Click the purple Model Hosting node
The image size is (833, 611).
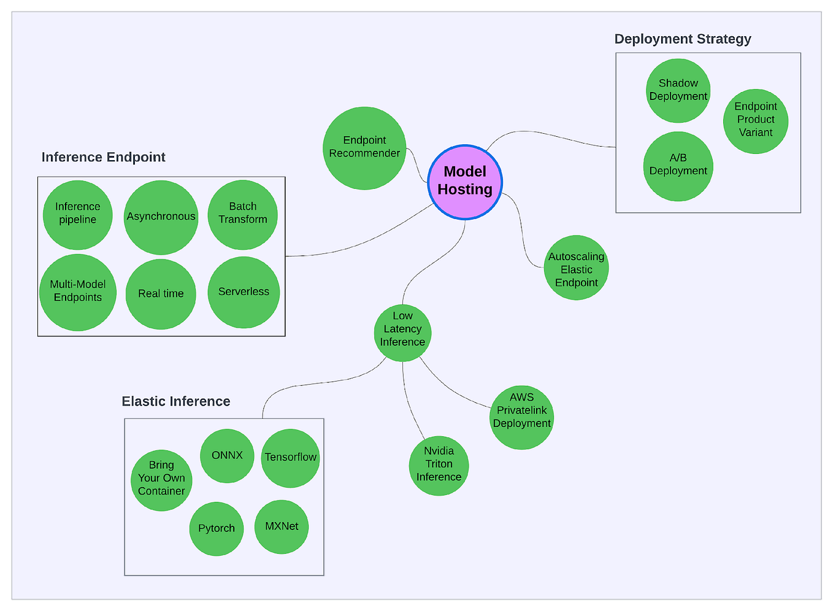click(x=465, y=182)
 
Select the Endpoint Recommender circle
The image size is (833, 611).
click(x=364, y=148)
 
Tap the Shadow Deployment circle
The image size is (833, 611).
click(x=678, y=90)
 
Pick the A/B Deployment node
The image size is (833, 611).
click(x=678, y=166)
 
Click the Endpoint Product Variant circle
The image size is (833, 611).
click(x=755, y=120)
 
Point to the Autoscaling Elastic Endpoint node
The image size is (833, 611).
click(x=576, y=268)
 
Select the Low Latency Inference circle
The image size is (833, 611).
click(x=402, y=332)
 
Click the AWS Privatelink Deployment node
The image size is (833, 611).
click(x=521, y=417)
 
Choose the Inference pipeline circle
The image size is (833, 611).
click(x=77, y=214)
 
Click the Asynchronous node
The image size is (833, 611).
click(x=161, y=217)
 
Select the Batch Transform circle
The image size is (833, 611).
click(x=242, y=214)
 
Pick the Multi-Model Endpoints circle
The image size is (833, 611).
click(x=78, y=292)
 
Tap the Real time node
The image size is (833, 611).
click(x=161, y=294)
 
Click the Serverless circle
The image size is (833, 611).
click(x=244, y=292)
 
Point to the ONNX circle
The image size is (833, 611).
click(x=227, y=456)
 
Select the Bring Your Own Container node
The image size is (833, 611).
click(x=161, y=479)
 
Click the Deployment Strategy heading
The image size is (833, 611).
click(x=682, y=39)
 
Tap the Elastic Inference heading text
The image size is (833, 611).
click(x=176, y=402)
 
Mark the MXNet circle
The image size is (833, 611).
click(x=282, y=527)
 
